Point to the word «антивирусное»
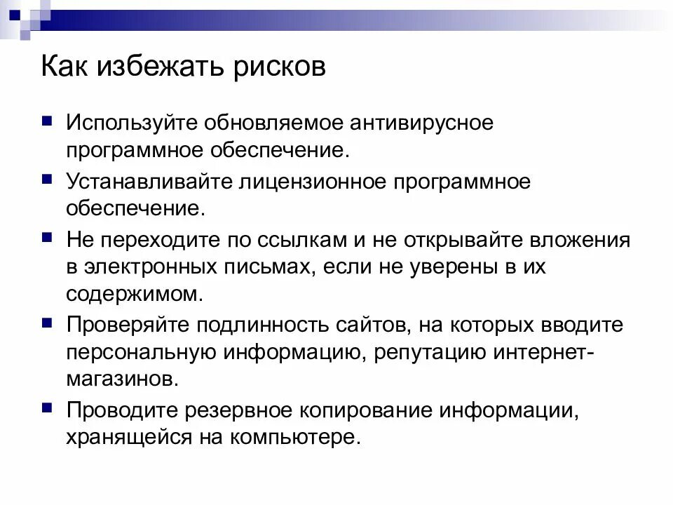point(416,123)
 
